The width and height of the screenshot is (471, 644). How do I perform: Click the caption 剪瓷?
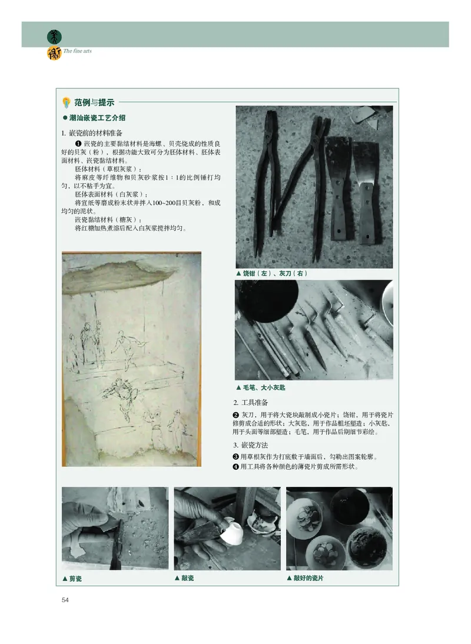[x=72, y=579]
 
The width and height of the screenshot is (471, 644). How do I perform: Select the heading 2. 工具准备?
[x=251, y=403]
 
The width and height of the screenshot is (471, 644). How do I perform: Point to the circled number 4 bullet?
[x=236, y=467]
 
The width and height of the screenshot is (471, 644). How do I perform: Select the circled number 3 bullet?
[x=236, y=457]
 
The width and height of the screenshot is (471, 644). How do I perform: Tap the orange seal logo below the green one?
[x=54, y=53]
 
